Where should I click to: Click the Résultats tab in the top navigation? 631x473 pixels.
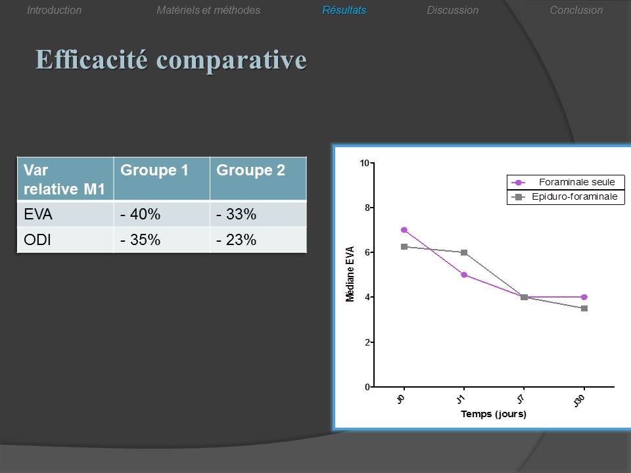344,10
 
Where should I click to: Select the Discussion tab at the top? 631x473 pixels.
452,10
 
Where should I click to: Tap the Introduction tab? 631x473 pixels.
55,10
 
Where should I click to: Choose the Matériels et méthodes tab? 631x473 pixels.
208,10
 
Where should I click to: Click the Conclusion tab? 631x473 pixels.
576,10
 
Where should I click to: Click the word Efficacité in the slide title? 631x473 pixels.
91,60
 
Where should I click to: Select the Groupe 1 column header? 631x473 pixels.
154,170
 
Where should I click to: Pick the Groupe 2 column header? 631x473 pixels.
250,170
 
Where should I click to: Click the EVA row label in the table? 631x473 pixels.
38,214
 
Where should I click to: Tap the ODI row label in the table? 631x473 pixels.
37,240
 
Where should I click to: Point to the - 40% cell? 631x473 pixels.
140,214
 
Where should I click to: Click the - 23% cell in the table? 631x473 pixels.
236,240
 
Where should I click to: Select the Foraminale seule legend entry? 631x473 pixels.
566,182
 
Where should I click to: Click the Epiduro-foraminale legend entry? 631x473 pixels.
566,196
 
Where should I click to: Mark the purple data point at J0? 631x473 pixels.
404,230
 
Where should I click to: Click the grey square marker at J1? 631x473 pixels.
464,252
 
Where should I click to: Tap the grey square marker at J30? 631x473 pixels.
584,309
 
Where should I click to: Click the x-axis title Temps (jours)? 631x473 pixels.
494,414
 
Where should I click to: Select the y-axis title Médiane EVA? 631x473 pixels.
350,274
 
